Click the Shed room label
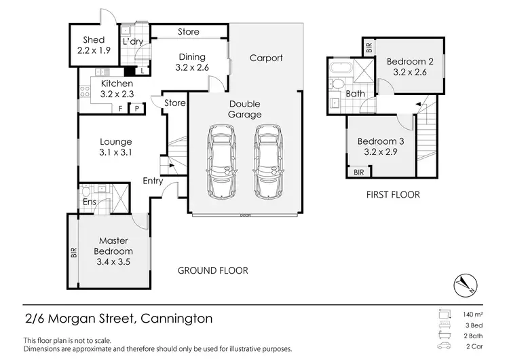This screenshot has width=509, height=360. (94, 46)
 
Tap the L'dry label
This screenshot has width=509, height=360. (132, 42)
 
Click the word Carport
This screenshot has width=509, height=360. (265, 58)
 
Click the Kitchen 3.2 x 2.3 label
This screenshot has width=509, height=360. (117, 89)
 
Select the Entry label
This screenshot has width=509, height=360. (152, 181)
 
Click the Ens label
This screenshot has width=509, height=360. (89, 202)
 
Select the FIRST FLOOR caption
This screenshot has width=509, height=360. (392, 195)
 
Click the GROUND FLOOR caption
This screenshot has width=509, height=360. (212, 270)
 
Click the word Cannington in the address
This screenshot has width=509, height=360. (177, 318)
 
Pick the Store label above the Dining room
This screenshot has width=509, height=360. (188, 32)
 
